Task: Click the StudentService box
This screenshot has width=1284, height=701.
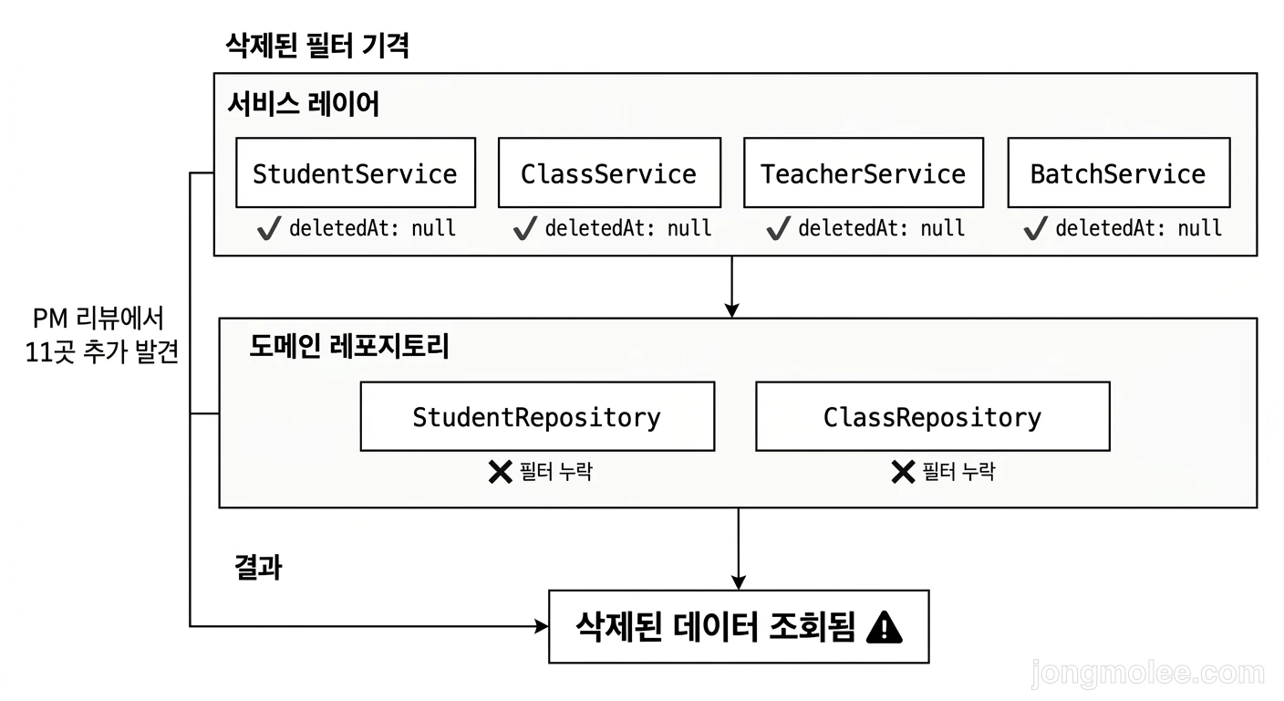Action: pyautogui.click(x=355, y=173)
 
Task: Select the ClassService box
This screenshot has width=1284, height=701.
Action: pyautogui.click(x=608, y=173)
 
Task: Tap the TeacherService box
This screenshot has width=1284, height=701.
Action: pyautogui.click(x=863, y=173)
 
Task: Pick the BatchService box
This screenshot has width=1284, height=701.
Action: pyautogui.click(x=1118, y=173)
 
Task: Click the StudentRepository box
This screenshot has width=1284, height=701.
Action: pyautogui.click(x=537, y=417)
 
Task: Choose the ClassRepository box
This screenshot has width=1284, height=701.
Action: pyautogui.click(x=932, y=417)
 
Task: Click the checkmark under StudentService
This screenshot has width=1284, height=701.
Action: pyautogui.click(x=269, y=228)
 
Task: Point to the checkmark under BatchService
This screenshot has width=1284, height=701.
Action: pyautogui.click(x=1035, y=228)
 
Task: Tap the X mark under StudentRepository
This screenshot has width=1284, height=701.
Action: pyautogui.click(x=500, y=472)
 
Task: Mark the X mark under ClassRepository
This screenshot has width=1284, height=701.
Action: pyautogui.click(x=902, y=472)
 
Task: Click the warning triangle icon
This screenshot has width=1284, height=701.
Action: pyautogui.click(x=884, y=627)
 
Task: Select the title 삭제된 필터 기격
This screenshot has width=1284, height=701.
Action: pyautogui.click(x=316, y=45)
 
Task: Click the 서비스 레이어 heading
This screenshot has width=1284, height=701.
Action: pyautogui.click(x=303, y=105)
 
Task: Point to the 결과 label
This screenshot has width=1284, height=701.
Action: pyautogui.click(x=258, y=568)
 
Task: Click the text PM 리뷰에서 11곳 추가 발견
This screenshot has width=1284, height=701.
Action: pyautogui.click(x=100, y=335)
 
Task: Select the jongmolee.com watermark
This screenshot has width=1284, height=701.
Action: pyautogui.click(x=1147, y=674)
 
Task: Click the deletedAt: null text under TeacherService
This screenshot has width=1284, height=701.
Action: pyautogui.click(x=881, y=228)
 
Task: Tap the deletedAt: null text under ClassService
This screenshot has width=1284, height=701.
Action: pyautogui.click(x=627, y=228)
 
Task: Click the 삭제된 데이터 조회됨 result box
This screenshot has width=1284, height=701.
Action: pyautogui.click(x=738, y=626)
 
